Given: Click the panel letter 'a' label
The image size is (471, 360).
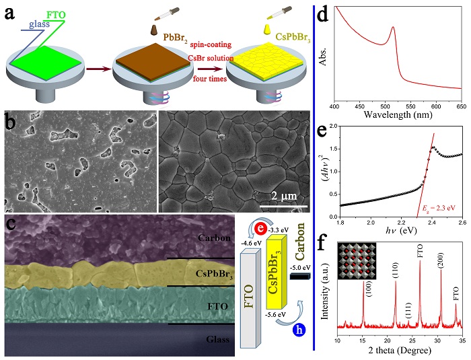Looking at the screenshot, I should coord(11,13).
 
